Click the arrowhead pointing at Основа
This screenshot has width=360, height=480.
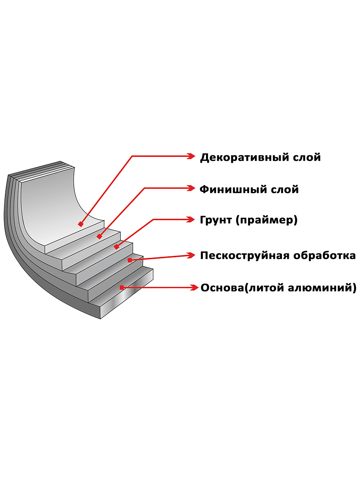(194, 287)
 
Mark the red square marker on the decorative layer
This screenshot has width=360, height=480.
(81, 224)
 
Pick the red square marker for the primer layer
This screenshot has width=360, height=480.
(116, 247)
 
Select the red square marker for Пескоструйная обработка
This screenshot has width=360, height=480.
(130, 260)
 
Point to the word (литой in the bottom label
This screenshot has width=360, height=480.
(258, 288)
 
